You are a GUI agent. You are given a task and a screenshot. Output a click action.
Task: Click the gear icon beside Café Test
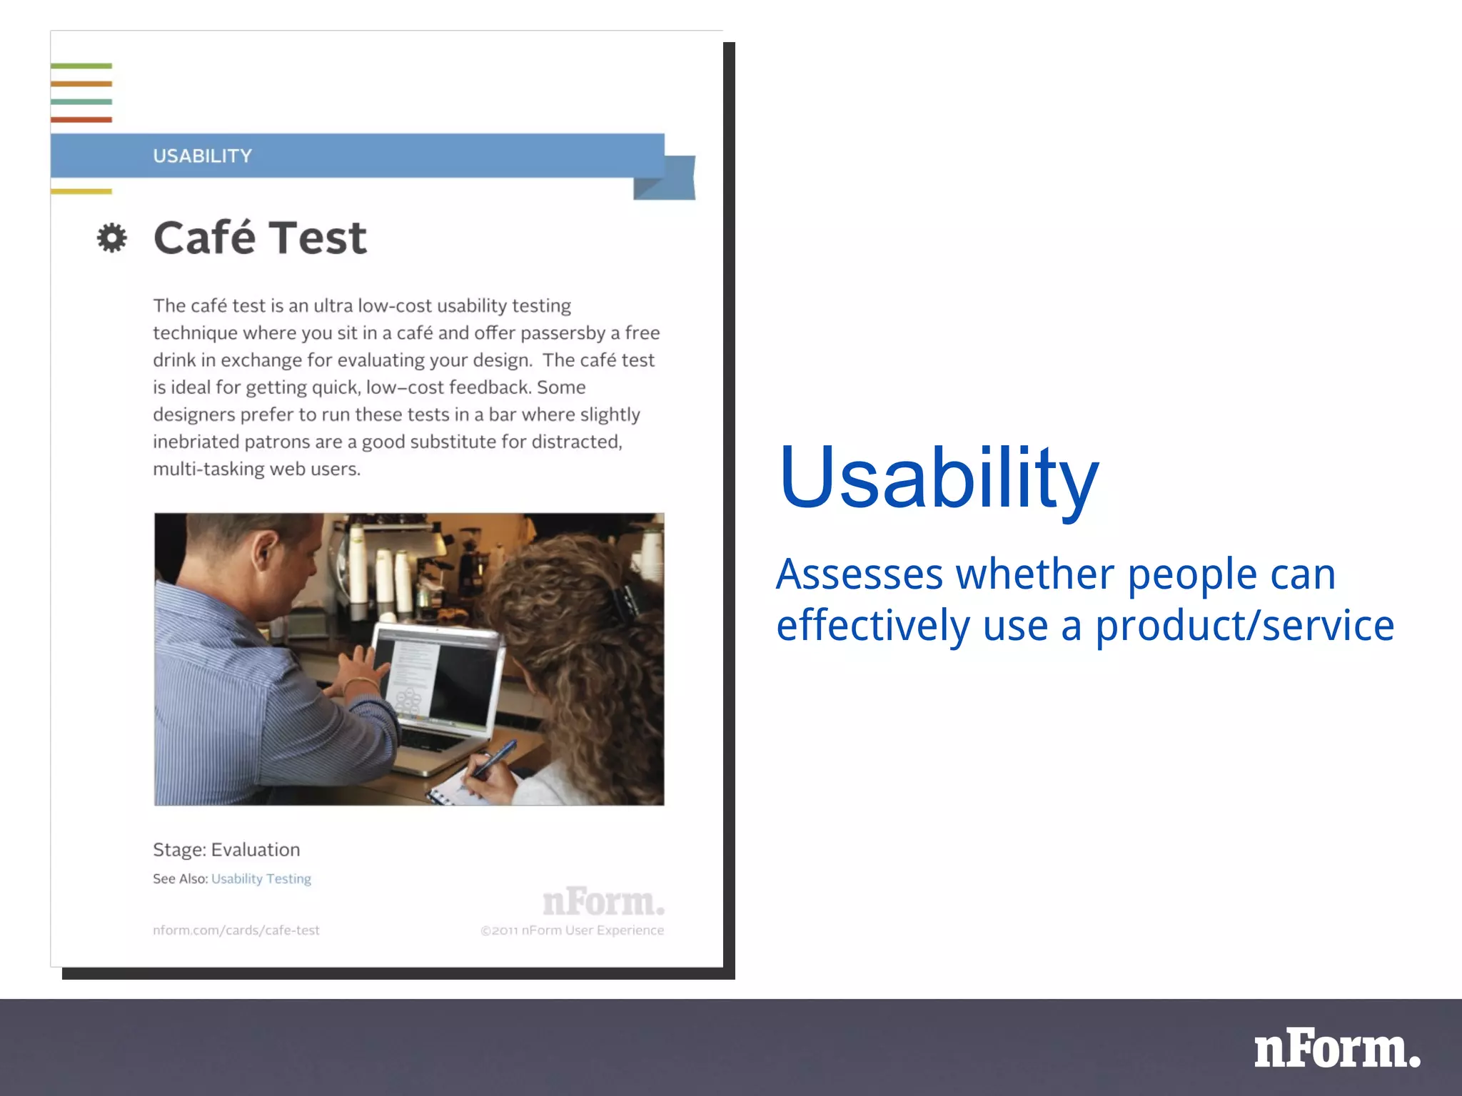[112, 238]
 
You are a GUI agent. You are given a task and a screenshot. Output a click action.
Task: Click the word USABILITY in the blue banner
[202, 156]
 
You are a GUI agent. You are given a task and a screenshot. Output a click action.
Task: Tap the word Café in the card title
[204, 238]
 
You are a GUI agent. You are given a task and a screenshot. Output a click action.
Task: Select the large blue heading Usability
[938, 478]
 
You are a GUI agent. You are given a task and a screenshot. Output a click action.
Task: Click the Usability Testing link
[261, 878]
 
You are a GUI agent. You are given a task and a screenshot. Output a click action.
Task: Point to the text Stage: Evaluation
[226, 849]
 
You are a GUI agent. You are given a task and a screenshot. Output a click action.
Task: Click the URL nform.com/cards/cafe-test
[236, 930]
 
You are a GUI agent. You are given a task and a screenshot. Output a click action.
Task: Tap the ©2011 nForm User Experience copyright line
[572, 930]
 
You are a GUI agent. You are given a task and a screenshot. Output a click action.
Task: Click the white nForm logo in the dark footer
[1336, 1050]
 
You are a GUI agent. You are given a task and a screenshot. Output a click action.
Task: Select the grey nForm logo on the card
[603, 902]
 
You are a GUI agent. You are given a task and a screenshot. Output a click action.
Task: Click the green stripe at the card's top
[81, 66]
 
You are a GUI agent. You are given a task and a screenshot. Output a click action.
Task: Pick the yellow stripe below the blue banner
[81, 191]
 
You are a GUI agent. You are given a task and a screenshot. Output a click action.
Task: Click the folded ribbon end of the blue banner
[667, 178]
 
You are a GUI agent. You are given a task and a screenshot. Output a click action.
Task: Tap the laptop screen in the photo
[435, 674]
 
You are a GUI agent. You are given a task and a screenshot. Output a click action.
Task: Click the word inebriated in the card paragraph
[196, 442]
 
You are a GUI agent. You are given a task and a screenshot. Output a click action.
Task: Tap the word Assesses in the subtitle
[859, 574]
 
